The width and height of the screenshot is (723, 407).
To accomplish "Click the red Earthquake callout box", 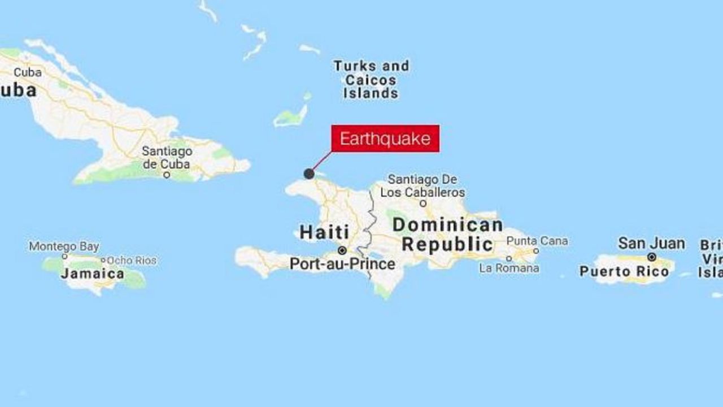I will pyautogui.click(x=385, y=138).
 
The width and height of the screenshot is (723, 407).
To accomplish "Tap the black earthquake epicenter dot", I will pyautogui.click(x=309, y=174).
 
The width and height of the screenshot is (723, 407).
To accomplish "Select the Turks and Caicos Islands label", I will pyautogui.click(x=371, y=80).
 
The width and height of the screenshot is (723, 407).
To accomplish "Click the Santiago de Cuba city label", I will pyautogui.click(x=167, y=158).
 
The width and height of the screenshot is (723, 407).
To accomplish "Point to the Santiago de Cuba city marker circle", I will pyautogui.click(x=167, y=175).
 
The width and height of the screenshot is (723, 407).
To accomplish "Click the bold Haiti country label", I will pyautogui.click(x=324, y=232).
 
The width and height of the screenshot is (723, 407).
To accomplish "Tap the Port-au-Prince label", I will pyautogui.click(x=342, y=264).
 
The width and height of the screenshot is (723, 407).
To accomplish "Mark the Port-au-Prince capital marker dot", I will pyautogui.click(x=342, y=250).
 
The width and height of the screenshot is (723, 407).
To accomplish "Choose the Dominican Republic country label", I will pyautogui.click(x=448, y=235).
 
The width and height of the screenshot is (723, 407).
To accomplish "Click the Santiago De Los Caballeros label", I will pyautogui.click(x=423, y=185).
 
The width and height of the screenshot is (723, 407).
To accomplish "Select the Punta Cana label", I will pyautogui.click(x=537, y=241).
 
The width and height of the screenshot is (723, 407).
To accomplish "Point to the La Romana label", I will pyautogui.click(x=509, y=269).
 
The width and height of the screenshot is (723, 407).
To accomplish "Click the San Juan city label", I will pyautogui.click(x=651, y=244).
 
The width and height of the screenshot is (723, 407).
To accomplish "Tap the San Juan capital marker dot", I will pyautogui.click(x=652, y=257).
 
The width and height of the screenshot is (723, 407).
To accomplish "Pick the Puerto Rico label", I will pyautogui.click(x=624, y=271).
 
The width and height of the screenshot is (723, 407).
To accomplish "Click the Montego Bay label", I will pyautogui.click(x=64, y=246).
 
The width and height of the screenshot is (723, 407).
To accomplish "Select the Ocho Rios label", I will pyautogui.click(x=132, y=261).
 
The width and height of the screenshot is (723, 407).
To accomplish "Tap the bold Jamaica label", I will pyautogui.click(x=93, y=274).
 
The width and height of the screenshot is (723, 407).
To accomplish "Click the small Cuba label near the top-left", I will pyautogui.click(x=28, y=72).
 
